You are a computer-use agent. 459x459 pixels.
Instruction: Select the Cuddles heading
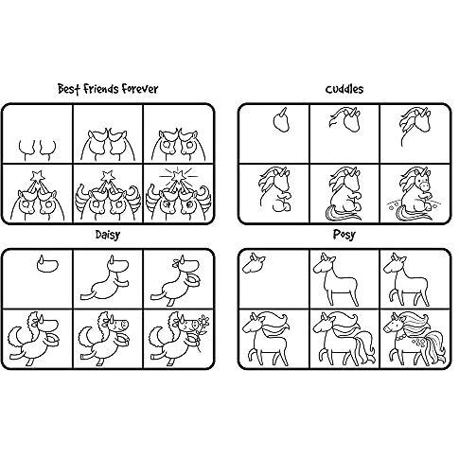point(344,89)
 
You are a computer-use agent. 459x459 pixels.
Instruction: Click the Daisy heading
point(108,235)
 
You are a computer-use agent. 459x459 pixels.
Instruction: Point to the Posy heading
point(344,235)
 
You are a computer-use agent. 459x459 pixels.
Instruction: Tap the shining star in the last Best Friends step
point(178,174)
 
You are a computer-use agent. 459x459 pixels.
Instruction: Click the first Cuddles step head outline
point(281,120)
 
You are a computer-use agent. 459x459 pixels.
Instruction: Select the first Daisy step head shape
point(47,264)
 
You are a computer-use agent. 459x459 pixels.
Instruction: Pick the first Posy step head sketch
point(254,263)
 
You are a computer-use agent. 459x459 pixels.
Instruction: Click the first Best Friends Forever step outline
point(38,150)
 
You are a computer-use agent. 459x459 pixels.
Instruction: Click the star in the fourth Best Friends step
point(38,175)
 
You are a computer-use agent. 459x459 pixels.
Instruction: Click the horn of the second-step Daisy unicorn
point(112,260)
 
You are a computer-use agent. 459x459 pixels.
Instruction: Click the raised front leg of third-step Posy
point(392,296)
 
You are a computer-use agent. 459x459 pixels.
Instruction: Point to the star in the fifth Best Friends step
point(108,175)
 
